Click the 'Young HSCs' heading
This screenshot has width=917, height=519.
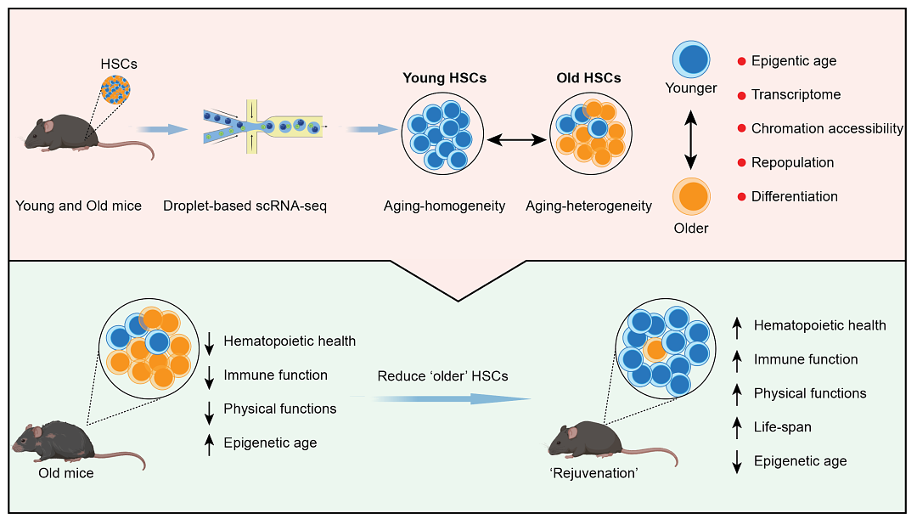(444, 78)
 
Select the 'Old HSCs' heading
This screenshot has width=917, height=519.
(588, 78)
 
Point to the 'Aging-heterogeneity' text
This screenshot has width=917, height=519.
(588, 206)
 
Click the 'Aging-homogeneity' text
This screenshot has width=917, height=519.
(444, 206)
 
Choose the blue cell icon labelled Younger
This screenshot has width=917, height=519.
(691, 60)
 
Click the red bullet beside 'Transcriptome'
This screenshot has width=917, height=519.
(741, 95)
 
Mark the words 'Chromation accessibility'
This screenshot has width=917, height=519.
(827, 128)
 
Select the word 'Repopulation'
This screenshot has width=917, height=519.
(792, 162)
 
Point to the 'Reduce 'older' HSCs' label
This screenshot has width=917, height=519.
(442, 375)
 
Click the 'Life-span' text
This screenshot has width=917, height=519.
(783, 427)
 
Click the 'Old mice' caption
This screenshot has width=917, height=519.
(65, 473)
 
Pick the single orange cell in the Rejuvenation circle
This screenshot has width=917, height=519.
(655, 349)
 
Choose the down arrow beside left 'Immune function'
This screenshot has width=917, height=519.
(209, 375)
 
